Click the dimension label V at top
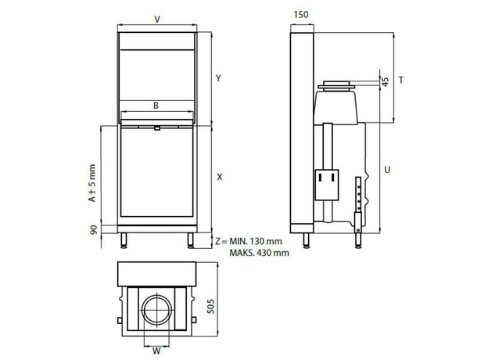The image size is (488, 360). pyautogui.click(x=157, y=20)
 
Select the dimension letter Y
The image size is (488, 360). pyautogui.click(x=218, y=77)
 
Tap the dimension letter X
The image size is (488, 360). pyautogui.click(x=220, y=177)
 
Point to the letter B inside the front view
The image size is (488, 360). pyautogui.click(x=156, y=106)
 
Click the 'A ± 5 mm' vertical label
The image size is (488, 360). pyautogui.click(x=92, y=183)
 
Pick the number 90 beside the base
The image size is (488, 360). pyautogui.click(x=94, y=229)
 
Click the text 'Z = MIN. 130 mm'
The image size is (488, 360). pyautogui.click(x=249, y=241)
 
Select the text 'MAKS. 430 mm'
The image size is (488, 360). pyautogui.click(x=260, y=253)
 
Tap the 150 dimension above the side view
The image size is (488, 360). pyautogui.click(x=301, y=15)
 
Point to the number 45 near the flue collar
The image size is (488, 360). pyautogui.click(x=386, y=82)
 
